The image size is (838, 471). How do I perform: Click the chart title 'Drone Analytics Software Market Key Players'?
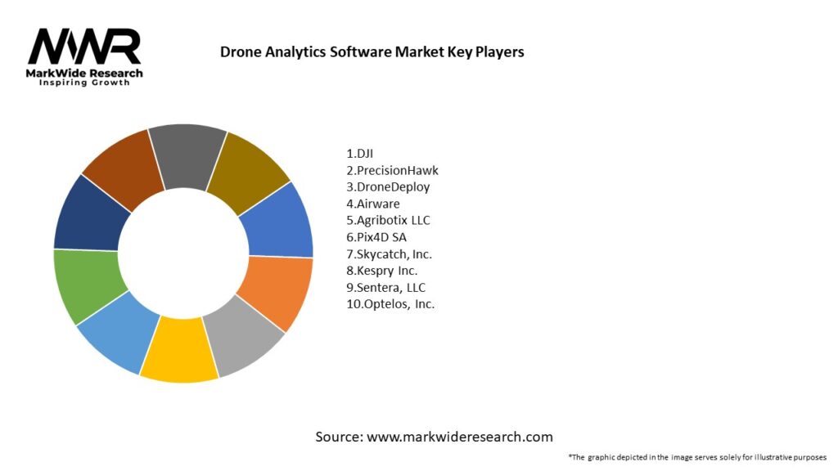point(372,52)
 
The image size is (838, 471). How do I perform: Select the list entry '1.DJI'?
point(360,153)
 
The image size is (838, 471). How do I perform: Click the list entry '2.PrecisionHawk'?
point(392,170)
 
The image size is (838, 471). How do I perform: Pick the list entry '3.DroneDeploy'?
point(387,186)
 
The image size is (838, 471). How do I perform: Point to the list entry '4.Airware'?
point(372,204)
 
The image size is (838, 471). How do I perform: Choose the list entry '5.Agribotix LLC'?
point(388,220)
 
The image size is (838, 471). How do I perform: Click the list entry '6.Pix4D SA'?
point(376,237)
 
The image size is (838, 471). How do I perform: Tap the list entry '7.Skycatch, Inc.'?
point(389,253)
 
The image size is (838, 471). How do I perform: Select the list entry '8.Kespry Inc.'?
point(382,271)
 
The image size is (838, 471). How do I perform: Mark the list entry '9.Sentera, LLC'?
point(385,287)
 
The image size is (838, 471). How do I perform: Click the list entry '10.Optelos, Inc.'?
point(390,304)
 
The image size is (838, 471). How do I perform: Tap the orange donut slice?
point(275,290)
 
